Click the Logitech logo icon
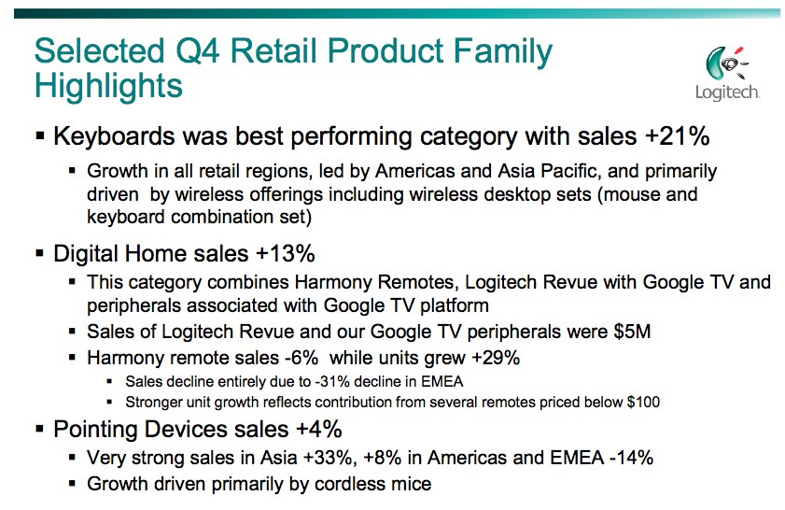pyautogui.click(x=727, y=64)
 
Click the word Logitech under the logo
pyautogui.click(x=727, y=92)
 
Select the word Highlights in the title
pyautogui.click(x=108, y=86)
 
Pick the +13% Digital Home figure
pyautogui.click(x=286, y=253)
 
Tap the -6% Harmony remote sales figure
pyautogui.click(x=301, y=358)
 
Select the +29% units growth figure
pyautogui.click(x=496, y=358)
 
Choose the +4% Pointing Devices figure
pyautogui.click(x=319, y=430)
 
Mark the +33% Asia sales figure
pyautogui.click(x=329, y=458)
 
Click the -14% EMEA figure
pyautogui.click(x=631, y=458)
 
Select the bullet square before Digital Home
pyautogui.click(x=40, y=254)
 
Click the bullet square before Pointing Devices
pyautogui.click(x=40, y=430)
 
